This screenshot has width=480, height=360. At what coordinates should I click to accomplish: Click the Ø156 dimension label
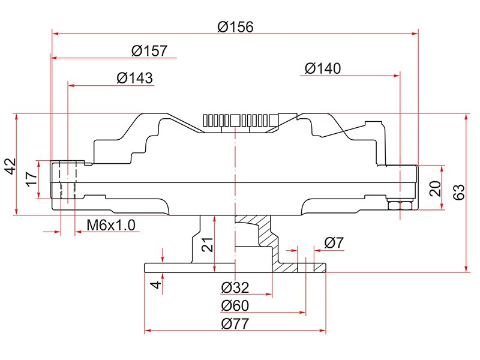click(236, 27)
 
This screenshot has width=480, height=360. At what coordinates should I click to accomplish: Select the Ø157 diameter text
click(149, 51)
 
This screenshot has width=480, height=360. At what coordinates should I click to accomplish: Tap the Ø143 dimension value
click(134, 78)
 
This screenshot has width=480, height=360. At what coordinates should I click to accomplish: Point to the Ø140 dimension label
click(323, 68)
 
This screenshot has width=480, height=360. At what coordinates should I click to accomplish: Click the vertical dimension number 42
click(10, 166)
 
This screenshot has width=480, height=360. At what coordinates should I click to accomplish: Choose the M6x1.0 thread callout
click(112, 225)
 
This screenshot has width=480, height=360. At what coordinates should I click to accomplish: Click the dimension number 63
click(460, 193)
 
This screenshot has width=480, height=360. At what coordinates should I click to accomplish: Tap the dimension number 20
click(436, 188)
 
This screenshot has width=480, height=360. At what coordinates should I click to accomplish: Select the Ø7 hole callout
click(334, 243)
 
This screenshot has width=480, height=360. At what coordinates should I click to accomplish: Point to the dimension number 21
click(207, 244)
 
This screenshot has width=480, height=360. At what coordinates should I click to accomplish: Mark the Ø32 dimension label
click(235, 287)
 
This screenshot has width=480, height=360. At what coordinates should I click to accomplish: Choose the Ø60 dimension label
click(235, 306)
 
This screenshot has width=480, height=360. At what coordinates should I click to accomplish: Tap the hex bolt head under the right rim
click(399, 206)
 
